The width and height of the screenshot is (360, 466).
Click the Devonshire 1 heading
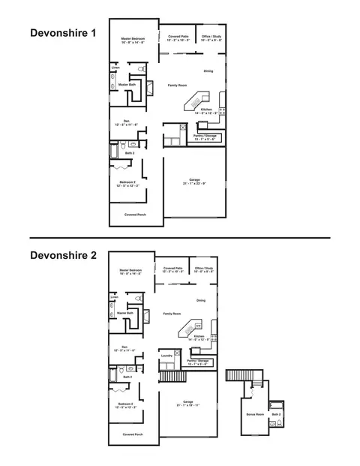(64, 34)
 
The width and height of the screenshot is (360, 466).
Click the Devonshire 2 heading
(64, 255)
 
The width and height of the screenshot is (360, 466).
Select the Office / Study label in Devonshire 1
(208, 37)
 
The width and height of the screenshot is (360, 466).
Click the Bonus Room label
(254, 413)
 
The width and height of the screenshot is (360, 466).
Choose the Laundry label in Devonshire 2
(167, 356)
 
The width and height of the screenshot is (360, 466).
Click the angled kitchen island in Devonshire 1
(200, 100)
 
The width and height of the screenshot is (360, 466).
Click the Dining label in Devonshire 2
(201, 300)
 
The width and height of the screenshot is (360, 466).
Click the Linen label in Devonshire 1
(115, 68)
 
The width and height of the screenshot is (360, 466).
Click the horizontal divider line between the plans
(180, 238)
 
